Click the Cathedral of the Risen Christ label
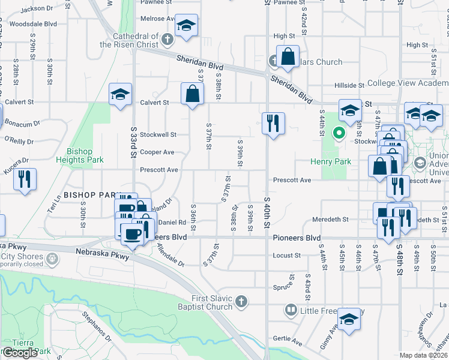129,40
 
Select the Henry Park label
330,161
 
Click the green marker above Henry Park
339,133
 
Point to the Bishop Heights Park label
80,155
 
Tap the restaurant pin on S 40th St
273,124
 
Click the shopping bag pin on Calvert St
191,94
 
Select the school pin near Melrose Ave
186,26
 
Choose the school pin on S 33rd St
120,94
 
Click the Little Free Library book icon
291,310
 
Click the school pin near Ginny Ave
349,319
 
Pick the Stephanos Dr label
97,327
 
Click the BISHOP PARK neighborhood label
89,195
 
